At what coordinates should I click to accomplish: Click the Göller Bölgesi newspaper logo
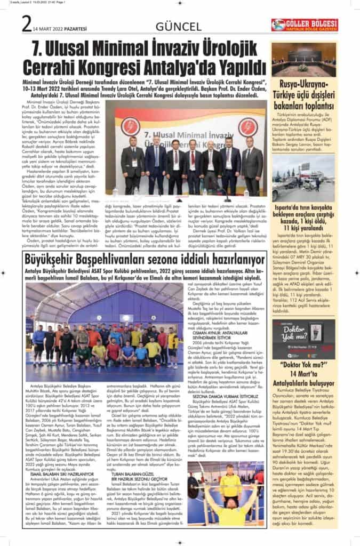(x=304, y=25)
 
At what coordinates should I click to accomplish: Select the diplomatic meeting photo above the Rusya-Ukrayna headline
(x=303, y=60)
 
